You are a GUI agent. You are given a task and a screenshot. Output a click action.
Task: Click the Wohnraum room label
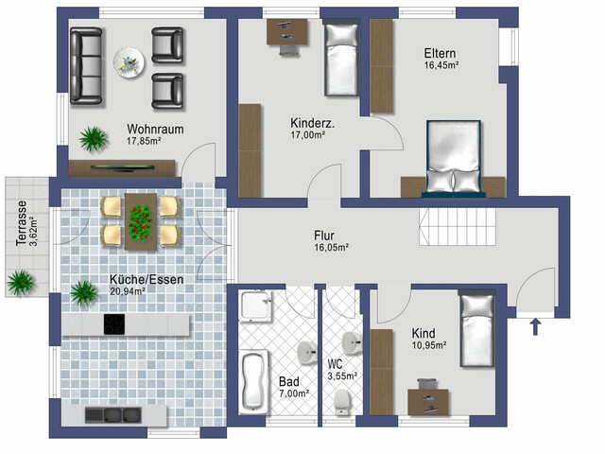tap(155, 129)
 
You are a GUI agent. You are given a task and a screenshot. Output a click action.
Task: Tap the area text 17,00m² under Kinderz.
tap(307, 135)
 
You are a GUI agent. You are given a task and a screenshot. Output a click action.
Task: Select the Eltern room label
tap(440, 53)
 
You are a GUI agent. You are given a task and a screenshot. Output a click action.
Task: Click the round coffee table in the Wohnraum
tap(129, 63)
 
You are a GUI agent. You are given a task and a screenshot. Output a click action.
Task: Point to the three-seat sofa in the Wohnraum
tap(86, 66)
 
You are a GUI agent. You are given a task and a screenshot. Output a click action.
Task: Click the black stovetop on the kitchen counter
tap(114, 324)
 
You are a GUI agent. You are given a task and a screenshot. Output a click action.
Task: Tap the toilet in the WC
tap(341, 402)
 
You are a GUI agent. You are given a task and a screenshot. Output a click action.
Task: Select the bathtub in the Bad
tap(253, 382)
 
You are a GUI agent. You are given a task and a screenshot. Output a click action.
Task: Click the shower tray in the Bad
tap(254, 306)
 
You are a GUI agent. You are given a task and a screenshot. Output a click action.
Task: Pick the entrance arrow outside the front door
tap(535, 326)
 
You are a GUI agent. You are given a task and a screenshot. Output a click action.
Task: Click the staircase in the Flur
tap(458, 227)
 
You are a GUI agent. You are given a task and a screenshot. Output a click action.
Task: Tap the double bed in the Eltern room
tap(454, 157)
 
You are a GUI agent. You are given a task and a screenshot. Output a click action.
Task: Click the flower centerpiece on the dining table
tap(140, 223)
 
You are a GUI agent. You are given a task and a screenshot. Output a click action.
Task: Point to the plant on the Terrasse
tap(21, 282)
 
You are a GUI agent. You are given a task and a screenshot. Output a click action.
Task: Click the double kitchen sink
tap(113, 415)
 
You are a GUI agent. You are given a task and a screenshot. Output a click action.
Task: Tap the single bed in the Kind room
tap(477, 330)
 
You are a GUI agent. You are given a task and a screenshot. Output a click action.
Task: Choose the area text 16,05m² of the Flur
tap(332, 248)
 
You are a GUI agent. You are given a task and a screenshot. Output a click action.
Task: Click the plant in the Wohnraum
tap(93, 139)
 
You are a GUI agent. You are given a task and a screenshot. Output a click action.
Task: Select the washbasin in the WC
tap(352, 342)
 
